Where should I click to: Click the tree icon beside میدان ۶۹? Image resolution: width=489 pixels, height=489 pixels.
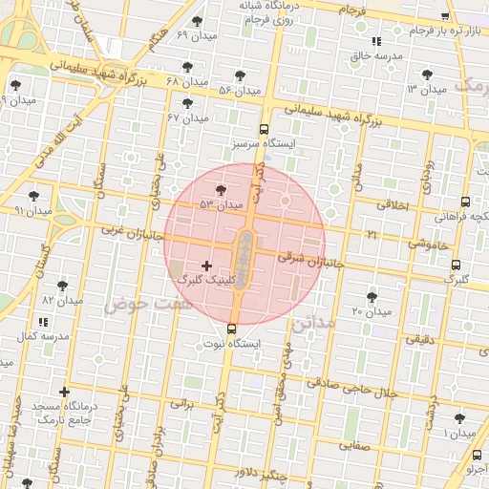(x=197, y=21)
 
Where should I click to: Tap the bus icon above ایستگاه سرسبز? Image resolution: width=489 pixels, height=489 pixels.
(x=264, y=130)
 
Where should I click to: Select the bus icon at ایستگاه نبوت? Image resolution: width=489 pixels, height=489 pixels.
(x=231, y=330)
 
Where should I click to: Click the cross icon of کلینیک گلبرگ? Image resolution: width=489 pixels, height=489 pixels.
(x=207, y=265)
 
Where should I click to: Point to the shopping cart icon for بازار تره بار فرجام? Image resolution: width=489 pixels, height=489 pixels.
(x=444, y=18)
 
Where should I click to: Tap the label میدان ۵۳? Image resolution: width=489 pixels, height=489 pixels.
(x=222, y=204)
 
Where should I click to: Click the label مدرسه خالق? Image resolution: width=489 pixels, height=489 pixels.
(x=372, y=55)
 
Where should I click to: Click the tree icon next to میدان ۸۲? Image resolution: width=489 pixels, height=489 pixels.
(x=63, y=286)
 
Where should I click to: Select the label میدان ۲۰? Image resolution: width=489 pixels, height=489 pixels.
(x=372, y=311)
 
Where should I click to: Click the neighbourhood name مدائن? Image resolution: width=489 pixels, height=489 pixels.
(x=317, y=323)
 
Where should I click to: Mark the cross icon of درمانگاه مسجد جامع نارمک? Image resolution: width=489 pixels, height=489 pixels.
(x=64, y=392)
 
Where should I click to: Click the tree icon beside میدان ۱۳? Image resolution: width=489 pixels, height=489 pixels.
(x=426, y=74)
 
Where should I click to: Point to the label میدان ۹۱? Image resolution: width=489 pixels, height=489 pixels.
(x=32, y=209)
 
